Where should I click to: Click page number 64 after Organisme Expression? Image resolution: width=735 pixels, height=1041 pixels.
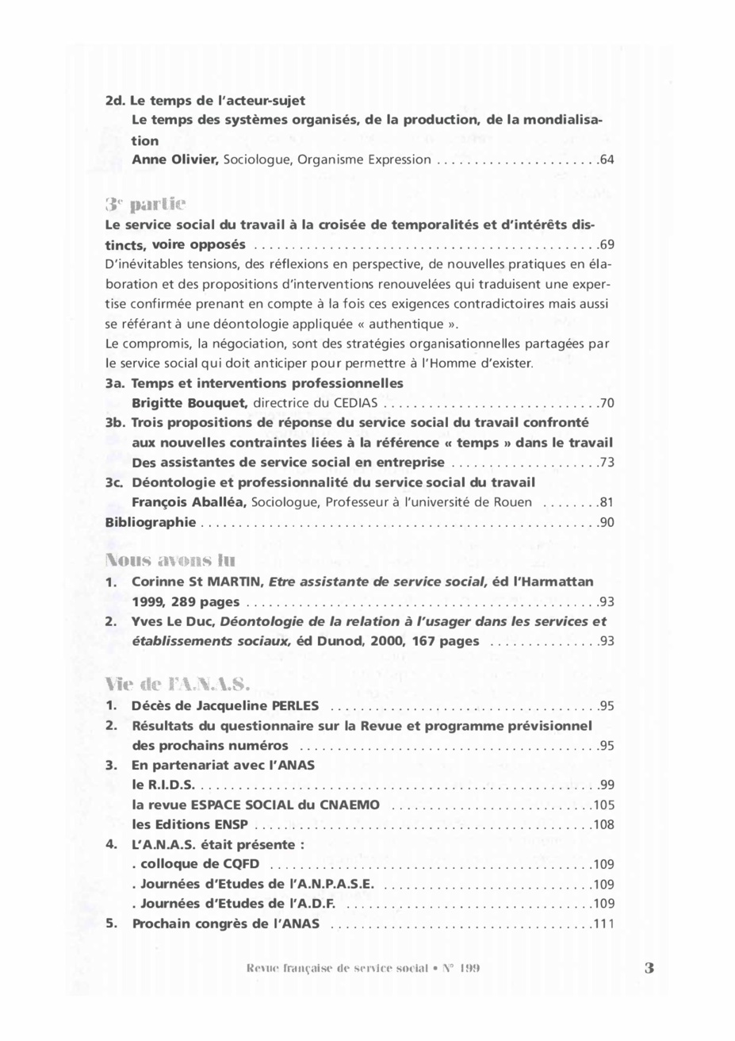point(607,160)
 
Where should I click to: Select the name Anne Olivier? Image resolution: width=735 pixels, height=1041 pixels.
point(174,160)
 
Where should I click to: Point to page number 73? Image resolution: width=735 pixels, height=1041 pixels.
point(607,463)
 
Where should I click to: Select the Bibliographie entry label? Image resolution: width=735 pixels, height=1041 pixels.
point(151,522)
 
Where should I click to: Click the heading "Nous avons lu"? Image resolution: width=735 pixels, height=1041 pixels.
point(170,560)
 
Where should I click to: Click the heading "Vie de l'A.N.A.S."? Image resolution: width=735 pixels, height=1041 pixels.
point(178,684)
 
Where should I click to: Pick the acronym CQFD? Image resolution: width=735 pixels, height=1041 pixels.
point(241,864)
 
